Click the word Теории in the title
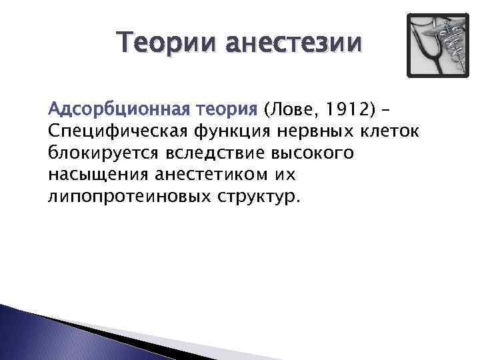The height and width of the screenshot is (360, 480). (x=167, y=44)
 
